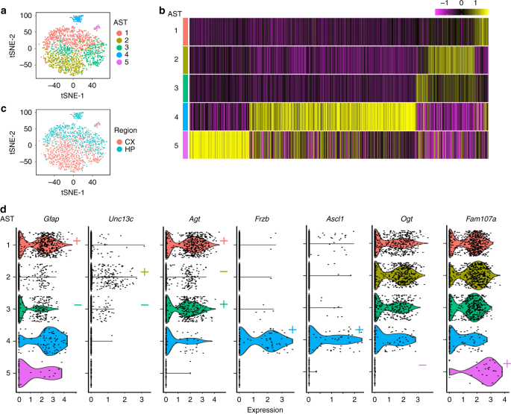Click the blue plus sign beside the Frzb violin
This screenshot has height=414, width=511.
[293, 330]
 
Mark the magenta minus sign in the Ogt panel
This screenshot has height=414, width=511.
[422, 365]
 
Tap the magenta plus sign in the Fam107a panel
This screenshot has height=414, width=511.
[507, 363]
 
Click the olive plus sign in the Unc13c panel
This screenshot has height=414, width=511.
[145, 272]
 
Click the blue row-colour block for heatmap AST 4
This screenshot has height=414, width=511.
[182, 116]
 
